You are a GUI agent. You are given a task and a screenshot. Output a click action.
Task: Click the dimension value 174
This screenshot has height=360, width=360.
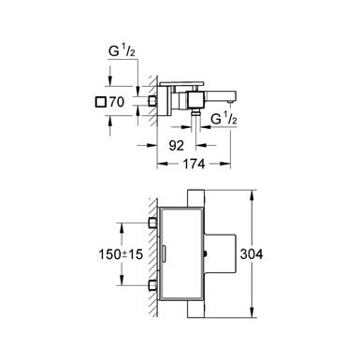[194, 164]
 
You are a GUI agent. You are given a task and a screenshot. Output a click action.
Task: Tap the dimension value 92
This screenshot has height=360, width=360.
[176, 145]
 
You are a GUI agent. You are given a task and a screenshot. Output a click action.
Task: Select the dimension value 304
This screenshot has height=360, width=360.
[252, 254]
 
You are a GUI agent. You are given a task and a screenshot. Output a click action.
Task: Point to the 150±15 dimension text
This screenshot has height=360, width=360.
[121, 254]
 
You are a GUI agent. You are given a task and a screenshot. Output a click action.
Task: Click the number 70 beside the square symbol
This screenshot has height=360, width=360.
[116, 102]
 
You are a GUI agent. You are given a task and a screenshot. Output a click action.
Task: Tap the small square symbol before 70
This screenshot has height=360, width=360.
[100, 102]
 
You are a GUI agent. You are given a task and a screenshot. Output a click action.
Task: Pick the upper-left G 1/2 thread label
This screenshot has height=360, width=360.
[122, 51]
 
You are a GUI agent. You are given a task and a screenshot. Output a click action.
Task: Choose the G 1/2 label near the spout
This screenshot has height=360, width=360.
[223, 119]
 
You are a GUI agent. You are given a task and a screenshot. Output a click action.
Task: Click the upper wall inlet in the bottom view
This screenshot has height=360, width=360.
[152, 223]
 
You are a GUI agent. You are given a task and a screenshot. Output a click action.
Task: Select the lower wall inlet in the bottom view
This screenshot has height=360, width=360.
[152, 285]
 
